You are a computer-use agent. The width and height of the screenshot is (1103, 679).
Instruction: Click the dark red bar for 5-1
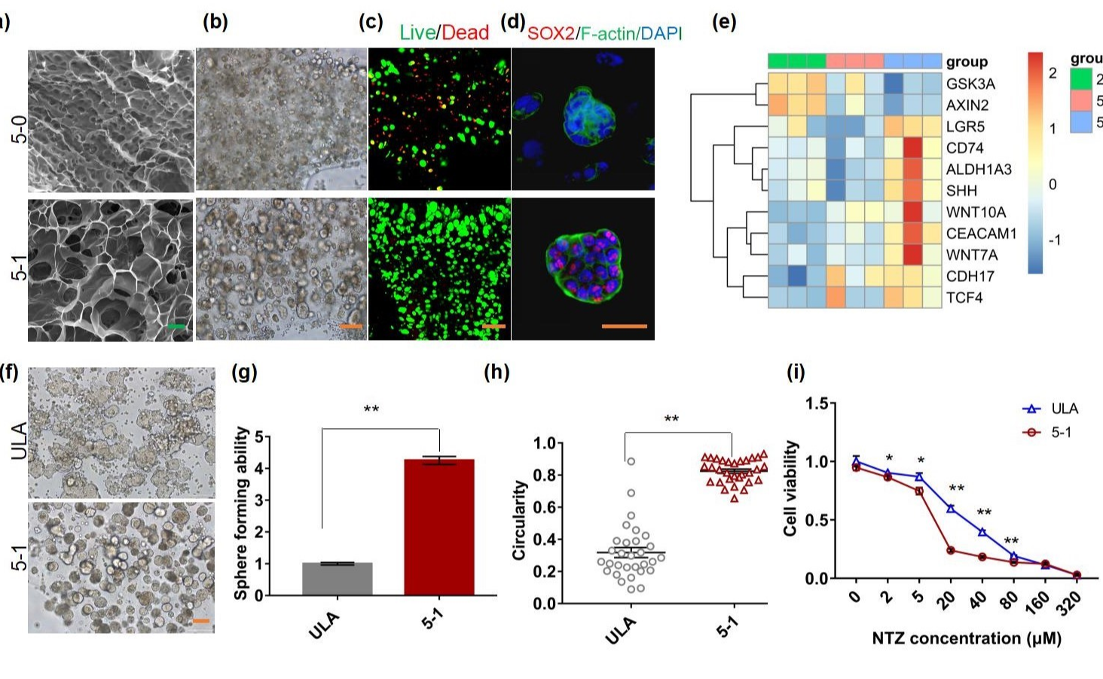click(x=439, y=527)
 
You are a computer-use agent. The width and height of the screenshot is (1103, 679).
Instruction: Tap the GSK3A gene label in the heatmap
click(x=970, y=84)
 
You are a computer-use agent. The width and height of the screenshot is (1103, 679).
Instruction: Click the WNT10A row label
click(x=976, y=213)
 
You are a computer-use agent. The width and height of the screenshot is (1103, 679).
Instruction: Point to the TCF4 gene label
click(x=964, y=298)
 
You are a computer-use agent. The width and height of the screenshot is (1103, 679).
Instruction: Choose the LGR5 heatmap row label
click(x=965, y=127)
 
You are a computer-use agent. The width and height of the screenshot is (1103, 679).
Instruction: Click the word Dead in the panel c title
click(x=465, y=32)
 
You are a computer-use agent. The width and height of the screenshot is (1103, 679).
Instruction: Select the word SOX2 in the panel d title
click(x=551, y=33)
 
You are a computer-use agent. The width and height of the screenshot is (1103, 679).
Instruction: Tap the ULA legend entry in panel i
click(x=1065, y=408)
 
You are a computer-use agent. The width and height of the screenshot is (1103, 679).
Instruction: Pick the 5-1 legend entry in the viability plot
click(x=1061, y=433)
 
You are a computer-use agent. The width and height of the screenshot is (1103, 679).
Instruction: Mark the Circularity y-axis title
click(x=519, y=520)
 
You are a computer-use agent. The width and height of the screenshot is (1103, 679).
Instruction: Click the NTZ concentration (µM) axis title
click(x=967, y=638)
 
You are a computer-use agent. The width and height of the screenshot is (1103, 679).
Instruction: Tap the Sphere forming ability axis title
click(x=241, y=513)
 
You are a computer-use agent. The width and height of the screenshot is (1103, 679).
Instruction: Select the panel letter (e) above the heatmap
click(x=724, y=22)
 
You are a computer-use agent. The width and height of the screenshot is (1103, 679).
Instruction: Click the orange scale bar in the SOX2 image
click(x=624, y=326)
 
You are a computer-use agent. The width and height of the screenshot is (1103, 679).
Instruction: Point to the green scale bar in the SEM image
click(x=176, y=326)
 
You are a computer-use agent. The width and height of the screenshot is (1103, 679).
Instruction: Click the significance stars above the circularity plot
click(x=671, y=420)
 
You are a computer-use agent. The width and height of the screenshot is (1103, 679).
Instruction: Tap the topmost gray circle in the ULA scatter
click(x=631, y=461)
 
